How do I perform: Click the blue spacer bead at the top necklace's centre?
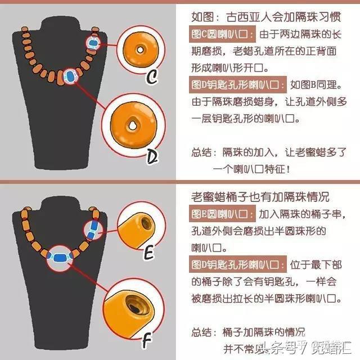[70, 75]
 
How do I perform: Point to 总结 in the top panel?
[201, 152]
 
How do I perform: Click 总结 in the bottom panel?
[201, 332]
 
